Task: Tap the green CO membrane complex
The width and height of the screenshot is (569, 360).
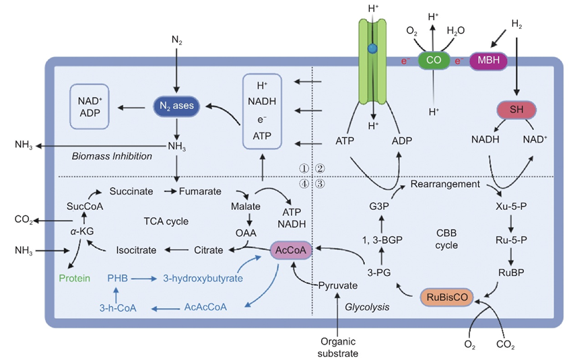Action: [433, 61]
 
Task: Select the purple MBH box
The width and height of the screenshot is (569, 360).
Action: [489, 61]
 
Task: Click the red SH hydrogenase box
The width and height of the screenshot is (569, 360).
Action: [515, 109]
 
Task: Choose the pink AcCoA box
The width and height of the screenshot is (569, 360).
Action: [290, 250]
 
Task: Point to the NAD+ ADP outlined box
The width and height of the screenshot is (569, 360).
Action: [91, 106]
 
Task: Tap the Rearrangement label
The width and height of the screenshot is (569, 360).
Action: [444, 184]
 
